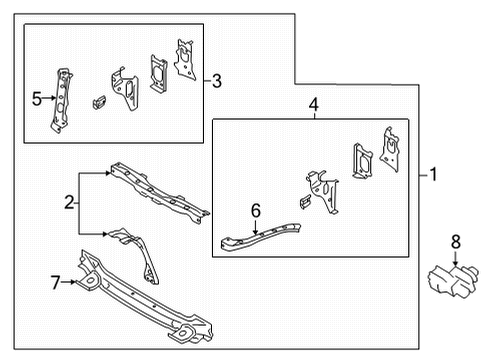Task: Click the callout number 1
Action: pos(433,174)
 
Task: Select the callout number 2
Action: pos(69,203)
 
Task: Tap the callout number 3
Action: pos(217,81)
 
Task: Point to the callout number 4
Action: pos(313,104)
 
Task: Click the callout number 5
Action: pos(36,98)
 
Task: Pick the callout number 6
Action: pos(255,210)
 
